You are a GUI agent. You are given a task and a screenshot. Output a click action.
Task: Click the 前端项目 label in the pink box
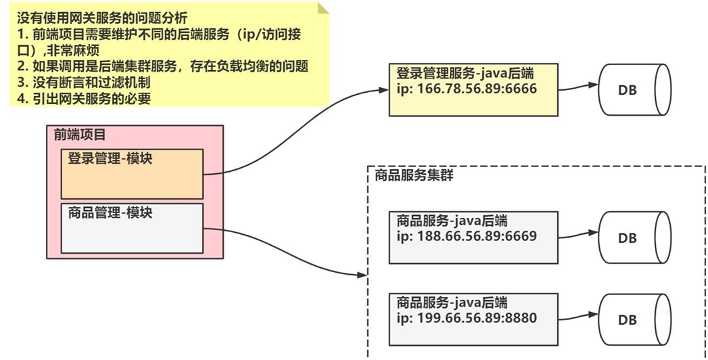point(80,135)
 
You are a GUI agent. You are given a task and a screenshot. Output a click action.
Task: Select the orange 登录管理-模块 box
point(132,174)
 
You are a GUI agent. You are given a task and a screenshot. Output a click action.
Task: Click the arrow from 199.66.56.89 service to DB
point(579,315)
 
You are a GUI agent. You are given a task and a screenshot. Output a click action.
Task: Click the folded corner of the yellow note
point(322,7)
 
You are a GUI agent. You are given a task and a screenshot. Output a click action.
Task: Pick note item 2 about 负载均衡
point(162,66)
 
